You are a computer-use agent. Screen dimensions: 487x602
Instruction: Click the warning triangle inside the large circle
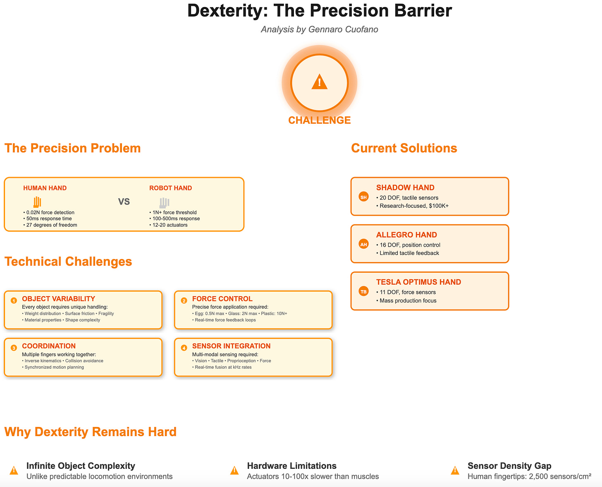point(319,82)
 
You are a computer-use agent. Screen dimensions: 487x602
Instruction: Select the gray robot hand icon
point(164,202)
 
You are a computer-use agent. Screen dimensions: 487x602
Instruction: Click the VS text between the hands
point(124,202)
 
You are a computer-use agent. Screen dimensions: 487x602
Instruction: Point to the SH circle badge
point(363,197)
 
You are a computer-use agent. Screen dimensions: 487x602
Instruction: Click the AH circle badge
point(363,244)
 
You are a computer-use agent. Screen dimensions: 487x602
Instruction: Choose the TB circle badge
point(363,292)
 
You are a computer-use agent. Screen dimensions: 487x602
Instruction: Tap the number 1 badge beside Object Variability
point(14,300)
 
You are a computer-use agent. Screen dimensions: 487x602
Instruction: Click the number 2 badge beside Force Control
point(184,300)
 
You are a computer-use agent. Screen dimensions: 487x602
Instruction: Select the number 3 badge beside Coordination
point(14,348)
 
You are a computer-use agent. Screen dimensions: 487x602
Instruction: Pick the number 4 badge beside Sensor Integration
point(184,348)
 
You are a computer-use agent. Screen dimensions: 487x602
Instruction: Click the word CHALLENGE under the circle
point(319,120)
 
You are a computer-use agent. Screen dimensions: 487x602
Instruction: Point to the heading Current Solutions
point(404,148)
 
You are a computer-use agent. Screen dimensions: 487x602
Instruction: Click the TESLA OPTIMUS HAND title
point(418,282)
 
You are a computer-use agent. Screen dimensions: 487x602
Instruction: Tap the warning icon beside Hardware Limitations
point(234,470)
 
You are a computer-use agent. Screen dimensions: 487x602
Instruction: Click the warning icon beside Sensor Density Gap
point(455,470)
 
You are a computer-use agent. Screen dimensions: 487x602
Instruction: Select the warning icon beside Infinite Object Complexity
point(14,470)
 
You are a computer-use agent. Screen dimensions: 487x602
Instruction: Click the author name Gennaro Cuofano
point(343,29)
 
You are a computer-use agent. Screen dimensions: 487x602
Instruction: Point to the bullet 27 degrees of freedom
point(52,225)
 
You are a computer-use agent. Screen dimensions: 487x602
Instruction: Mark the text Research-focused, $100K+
point(414,206)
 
